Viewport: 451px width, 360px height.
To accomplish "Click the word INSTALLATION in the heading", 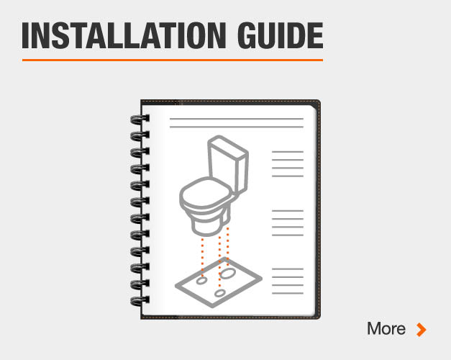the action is click(x=124, y=35).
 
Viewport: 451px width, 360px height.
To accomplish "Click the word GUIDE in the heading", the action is click(x=281, y=35).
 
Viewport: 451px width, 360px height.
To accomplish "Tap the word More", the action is click(x=386, y=328).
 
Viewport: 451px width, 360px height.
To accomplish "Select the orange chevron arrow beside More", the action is click(x=422, y=330).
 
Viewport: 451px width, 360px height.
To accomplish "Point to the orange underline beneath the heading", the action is click(x=173, y=60).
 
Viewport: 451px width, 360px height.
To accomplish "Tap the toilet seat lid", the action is click(x=206, y=192).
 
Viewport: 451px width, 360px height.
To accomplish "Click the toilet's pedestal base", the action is click(x=210, y=223).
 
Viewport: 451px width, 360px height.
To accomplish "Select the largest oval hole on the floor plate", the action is click(x=228, y=273).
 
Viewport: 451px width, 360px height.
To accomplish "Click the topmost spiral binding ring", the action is click(x=140, y=119).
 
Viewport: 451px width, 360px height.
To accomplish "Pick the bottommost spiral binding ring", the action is click(x=140, y=301).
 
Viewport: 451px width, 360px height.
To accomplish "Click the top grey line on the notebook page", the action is click(x=237, y=119).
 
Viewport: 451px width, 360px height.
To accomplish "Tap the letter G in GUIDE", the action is click(x=247, y=35).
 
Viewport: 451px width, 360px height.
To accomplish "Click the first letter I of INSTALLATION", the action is click(x=25, y=35).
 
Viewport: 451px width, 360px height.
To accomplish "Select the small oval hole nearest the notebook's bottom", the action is click(x=220, y=293).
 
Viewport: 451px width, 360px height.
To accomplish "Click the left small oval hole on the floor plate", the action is click(x=201, y=281).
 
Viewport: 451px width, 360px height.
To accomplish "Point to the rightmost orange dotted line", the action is click(x=228, y=246).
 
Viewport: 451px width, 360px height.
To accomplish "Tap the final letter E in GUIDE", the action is click(x=316, y=35).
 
